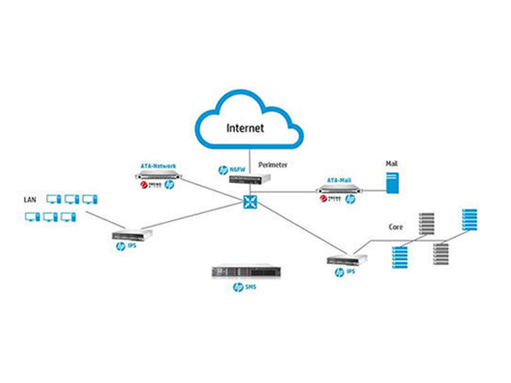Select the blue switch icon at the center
pyautogui.click(x=250, y=203)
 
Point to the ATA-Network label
pyautogui.click(x=158, y=165)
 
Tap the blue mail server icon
pyautogui.click(x=392, y=181)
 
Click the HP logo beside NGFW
pyautogui.click(x=224, y=170)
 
